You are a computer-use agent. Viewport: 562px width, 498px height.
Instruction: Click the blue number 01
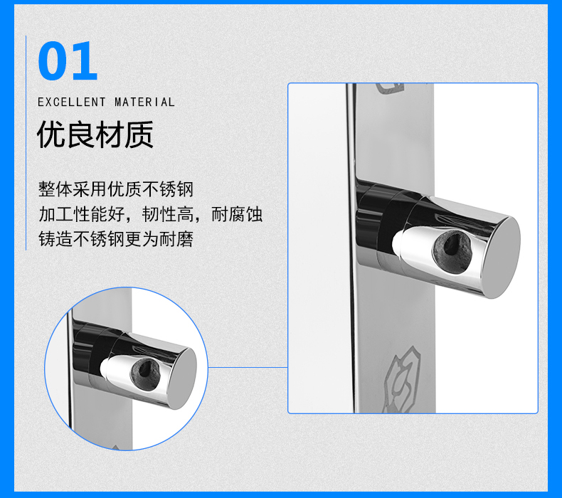click(x=68, y=60)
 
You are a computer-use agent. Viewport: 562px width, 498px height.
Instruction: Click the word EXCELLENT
click(x=72, y=102)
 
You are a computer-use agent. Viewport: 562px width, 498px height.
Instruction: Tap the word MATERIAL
click(x=144, y=102)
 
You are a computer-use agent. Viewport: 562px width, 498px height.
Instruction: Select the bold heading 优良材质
click(x=95, y=134)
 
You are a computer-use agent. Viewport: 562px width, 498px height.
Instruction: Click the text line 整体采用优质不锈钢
click(x=116, y=189)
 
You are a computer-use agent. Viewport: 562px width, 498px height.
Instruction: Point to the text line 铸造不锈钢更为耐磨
click(x=116, y=239)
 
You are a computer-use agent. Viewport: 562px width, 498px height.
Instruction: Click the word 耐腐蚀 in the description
click(x=237, y=214)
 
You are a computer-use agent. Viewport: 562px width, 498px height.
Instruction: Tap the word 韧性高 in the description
click(x=168, y=214)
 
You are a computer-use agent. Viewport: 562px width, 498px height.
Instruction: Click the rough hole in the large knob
click(x=452, y=252)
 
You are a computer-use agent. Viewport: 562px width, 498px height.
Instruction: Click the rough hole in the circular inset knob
click(x=145, y=375)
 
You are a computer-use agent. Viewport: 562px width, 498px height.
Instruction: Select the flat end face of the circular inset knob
click(x=182, y=378)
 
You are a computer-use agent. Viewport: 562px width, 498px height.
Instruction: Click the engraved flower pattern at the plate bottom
click(x=401, y=380)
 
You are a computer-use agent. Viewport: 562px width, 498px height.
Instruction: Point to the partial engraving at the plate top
click(x=390, y=88)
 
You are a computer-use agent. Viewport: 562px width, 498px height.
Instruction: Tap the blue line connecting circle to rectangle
click(x=248, y=367)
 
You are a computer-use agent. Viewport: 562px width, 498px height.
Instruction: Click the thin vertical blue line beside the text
click(x=26, y=143)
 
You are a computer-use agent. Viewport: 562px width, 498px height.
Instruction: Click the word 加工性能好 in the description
click(x=81, y=214)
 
